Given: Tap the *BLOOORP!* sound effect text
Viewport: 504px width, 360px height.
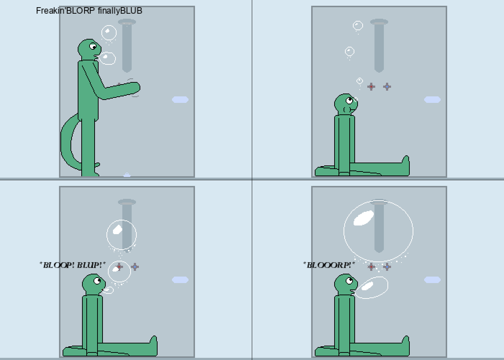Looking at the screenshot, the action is (329, 265).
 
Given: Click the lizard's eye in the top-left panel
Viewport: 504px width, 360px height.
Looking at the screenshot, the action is (93, 47).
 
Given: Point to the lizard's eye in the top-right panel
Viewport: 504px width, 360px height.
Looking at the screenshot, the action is (349, 100).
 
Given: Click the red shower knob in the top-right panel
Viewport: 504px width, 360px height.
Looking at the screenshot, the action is (371, 87).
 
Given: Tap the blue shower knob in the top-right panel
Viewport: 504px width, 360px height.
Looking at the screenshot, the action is (387, 87).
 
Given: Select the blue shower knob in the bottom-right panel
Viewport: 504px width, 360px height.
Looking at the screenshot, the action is (387, 267).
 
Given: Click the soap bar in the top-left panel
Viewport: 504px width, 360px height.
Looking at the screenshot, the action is (180, 100).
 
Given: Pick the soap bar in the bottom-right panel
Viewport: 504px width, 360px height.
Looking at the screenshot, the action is (432, 280).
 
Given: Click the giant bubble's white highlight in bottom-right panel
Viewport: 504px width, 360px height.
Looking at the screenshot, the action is (364, 218).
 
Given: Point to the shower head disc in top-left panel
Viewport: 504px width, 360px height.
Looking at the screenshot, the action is (127, 22).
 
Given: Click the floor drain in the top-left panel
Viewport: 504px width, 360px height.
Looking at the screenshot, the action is (127, 175).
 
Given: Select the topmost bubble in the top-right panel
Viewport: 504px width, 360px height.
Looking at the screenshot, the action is (358, 26).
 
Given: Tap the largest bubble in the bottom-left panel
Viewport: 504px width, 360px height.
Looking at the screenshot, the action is (122, 235).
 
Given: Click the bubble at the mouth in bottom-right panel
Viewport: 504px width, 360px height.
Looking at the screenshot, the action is (372, 288).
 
